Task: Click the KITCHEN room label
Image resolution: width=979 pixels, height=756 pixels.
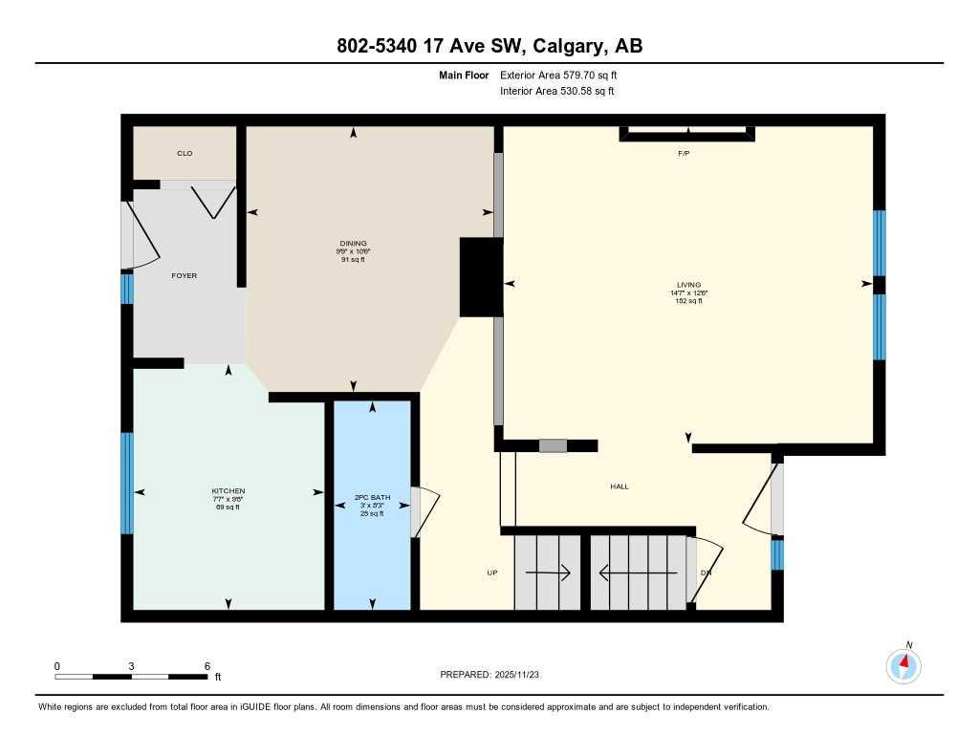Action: (228, 491)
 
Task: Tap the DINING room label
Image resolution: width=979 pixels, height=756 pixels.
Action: (353, 244)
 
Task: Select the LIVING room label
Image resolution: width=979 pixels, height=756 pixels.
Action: (688, 285)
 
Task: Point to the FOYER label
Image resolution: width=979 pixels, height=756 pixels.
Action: (184, 275)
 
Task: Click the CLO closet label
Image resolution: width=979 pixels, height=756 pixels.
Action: (185, 153)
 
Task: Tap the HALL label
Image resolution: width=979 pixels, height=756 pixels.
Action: (620, 486)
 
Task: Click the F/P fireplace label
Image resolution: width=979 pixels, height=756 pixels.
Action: (684, 153)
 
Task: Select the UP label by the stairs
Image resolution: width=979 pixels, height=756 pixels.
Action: (492, 573)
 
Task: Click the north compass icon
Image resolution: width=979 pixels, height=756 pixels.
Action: (903, 664)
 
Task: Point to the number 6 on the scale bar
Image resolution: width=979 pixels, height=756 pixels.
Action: (207, 665)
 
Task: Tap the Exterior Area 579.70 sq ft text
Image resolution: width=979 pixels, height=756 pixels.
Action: (565, 75)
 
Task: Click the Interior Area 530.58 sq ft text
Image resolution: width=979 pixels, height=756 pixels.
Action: (557, 92)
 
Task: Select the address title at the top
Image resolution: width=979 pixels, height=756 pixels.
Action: (489, 46)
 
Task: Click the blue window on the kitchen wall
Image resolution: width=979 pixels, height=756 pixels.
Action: (126, 483)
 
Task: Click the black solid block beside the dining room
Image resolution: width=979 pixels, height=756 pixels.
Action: (481, 277)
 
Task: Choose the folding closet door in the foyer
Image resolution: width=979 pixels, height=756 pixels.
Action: (212, 200)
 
